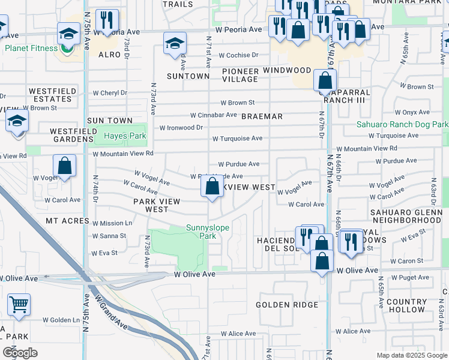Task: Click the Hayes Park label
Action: pyautogui.click(x=121, y=136)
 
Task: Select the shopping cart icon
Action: pyautogui.click(x=19, y=304)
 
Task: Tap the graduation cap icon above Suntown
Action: pyautogui.click(x=175, y=43)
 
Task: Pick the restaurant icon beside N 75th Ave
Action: pyautogui.click(x=107, y=20)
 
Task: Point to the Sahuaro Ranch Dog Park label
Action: pyautogui.click(x=402, y=125)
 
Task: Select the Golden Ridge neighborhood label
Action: pyautogui.click(x=287, y=305)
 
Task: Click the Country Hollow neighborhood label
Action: pyautogui.click(x=406, y=305)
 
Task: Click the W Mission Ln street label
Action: pyautogui.click(x=112, y=223)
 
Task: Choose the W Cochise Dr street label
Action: pyautogui.click(x=238, y=55)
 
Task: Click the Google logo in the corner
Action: pyautogui.click(x=20, y=353)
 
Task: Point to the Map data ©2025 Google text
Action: pyautogui.click(x=411, y=355)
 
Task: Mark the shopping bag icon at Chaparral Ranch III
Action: pyautogui.click(x=324, y=80)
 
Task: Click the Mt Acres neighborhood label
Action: pyautogui.click(x=67, y=221)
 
